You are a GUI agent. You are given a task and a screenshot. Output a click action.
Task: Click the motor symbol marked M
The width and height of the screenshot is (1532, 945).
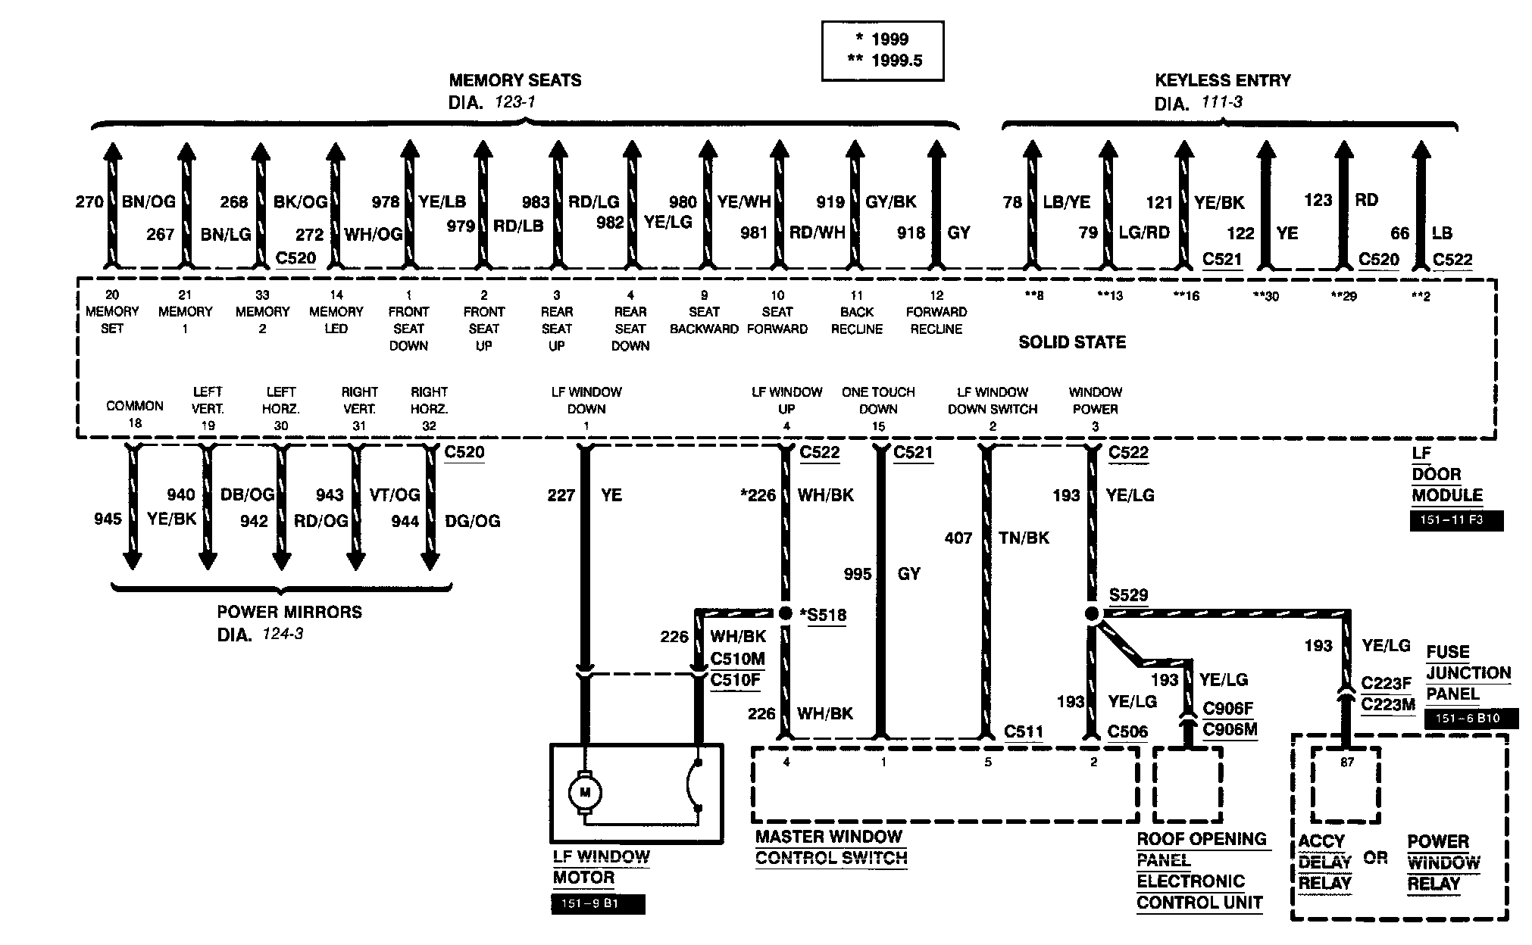(x=584, y=792)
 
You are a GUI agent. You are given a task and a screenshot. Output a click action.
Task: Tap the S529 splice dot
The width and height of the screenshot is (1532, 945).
(x=1092, y=613)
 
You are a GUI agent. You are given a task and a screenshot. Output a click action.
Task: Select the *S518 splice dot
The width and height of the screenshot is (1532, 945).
(x=786, y=613)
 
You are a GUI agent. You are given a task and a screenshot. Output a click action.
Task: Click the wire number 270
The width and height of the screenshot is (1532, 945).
(x=89, y=201)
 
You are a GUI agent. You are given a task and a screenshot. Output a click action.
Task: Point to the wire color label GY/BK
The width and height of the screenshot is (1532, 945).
(x=891, y=201)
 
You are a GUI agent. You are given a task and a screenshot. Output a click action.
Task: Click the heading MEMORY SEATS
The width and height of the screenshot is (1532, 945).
(x=515, y=80)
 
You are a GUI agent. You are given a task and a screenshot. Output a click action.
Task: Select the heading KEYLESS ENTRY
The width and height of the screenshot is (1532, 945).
(x=1223, y=80)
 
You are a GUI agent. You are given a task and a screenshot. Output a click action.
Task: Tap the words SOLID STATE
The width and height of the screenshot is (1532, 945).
(x=1072, y=342)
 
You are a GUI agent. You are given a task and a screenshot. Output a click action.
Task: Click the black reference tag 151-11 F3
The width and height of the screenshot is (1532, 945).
(x=1456, y=521)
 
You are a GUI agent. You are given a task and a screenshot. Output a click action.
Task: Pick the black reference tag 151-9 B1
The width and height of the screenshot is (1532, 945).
(x=599, y=904)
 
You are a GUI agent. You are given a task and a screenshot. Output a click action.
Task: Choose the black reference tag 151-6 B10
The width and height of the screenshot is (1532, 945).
(x=1471, y=719)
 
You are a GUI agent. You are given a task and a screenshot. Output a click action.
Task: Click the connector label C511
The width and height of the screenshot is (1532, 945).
(x=1024, y=731)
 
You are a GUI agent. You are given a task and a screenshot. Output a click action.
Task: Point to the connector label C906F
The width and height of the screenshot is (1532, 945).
(x=1228, y=708)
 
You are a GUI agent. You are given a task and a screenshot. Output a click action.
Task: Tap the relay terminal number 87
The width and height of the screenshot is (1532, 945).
(x=1346, y=763)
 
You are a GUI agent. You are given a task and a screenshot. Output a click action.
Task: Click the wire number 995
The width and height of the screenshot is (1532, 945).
(x=858, y=574)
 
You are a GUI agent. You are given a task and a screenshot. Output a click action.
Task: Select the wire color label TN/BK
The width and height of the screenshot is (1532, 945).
(x=1024, y=538)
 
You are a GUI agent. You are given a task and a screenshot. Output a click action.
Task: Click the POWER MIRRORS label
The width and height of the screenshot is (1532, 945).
(x=289, y=612)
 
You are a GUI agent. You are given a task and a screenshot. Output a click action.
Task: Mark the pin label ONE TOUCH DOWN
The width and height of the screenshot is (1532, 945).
(x=878, y=401)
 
